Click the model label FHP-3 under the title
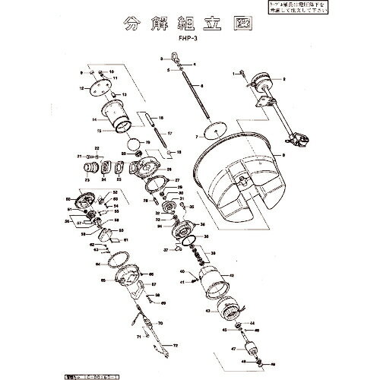pos(190,43)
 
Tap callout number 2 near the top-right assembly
pos(283,79)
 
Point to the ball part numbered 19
pos(133,143)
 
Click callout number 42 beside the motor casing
pos(232,274)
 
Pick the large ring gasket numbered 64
pos(114,263)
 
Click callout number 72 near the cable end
pos(176,346)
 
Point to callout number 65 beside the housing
pos(103,280)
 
